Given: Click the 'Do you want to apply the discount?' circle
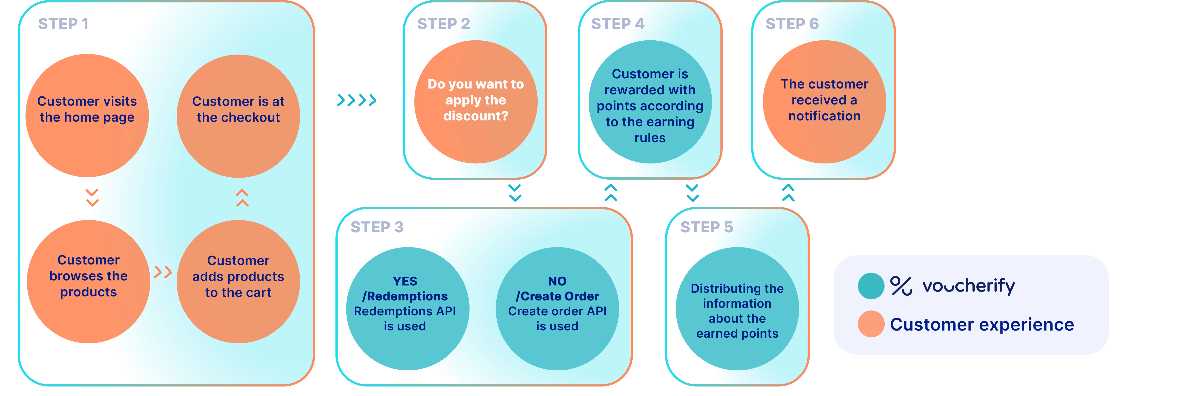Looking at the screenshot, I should click(476, 101).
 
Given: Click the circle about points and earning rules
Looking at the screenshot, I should click(650, 101).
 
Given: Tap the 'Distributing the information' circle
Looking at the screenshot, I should click(737, 309).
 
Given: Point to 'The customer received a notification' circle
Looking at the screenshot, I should click(824, 101).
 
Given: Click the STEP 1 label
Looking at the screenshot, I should click(63, 24).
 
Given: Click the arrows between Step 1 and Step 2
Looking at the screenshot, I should click(356, 100).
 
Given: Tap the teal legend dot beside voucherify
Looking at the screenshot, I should click(871, 286).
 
